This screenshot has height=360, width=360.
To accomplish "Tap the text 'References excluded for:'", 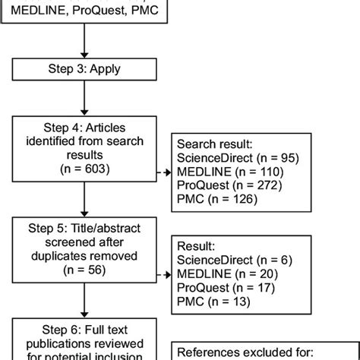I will coord(243,350).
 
